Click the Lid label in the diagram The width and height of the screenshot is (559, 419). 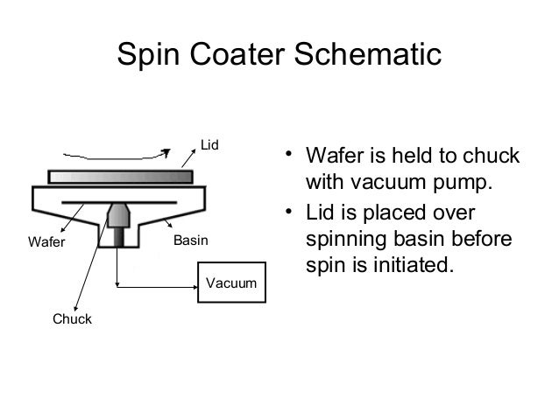tap(209, 143)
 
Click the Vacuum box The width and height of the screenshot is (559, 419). tap(230, 283)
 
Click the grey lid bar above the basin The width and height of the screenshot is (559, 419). tap(121, 177)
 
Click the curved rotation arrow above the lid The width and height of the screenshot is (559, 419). tap(105, 152)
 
